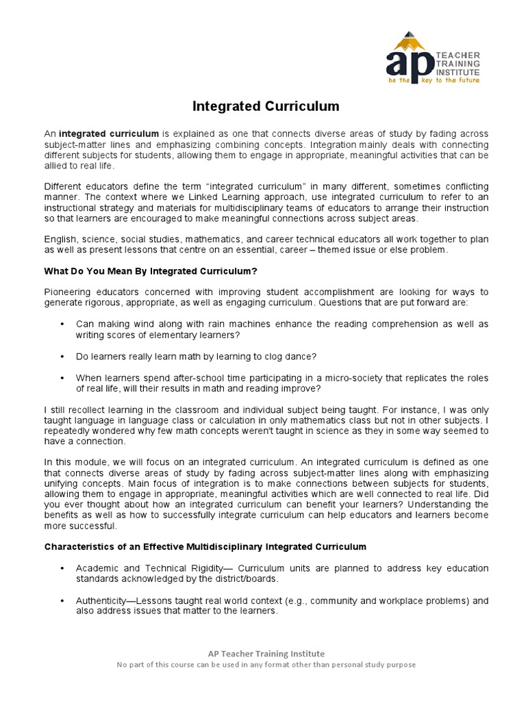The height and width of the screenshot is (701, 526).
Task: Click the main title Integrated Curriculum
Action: tap(265, 107)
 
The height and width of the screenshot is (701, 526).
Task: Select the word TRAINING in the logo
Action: tap(458, 63)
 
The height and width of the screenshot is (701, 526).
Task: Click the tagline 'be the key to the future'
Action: tap(433, 80)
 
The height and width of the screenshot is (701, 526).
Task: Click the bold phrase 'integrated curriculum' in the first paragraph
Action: tap(109, 133)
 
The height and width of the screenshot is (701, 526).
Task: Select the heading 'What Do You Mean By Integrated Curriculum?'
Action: tap(151, 271)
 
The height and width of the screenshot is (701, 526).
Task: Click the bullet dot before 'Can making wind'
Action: tap(62, 324)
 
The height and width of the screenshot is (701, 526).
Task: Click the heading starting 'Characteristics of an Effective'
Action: tap(205, 546)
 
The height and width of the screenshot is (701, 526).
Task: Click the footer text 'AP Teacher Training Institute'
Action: tap(266, 653)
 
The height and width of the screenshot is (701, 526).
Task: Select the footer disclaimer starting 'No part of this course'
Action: tap(266, 664)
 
